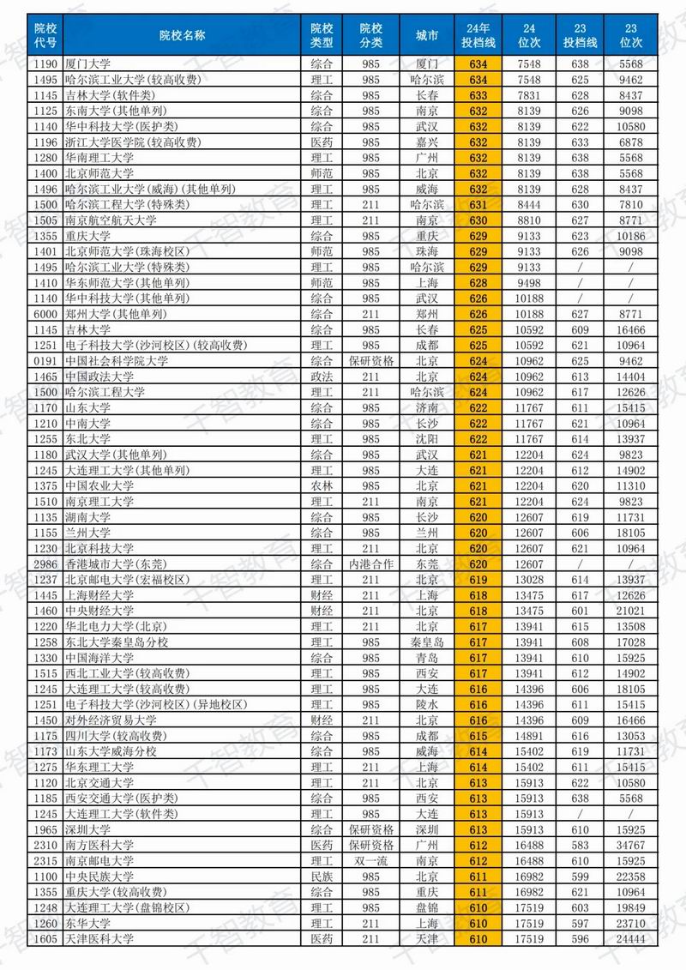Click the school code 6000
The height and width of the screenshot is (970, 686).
point(45,314)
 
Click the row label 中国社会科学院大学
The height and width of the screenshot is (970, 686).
point(112,361)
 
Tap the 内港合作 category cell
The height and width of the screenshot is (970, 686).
point(370,564)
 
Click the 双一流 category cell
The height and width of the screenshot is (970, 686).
point(370,860)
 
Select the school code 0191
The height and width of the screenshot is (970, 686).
point(45,361)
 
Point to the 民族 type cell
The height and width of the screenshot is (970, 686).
point(322,877)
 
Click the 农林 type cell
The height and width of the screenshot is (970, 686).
point(322,485)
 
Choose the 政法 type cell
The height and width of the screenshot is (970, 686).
point(322,377)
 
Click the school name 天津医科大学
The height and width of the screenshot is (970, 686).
point(99,939)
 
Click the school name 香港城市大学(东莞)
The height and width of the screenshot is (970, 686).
point(111,564)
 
